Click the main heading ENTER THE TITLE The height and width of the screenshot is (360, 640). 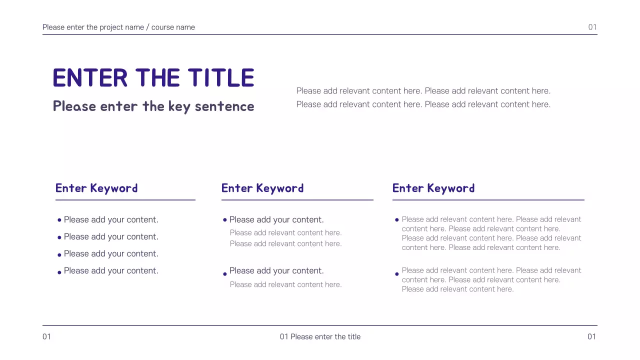pyautogui.click(x=153, y=78)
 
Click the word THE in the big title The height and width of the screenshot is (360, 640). pyautogui.click(x=157, y=78)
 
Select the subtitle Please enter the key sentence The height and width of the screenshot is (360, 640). pyautogui.click(x=153, y=106)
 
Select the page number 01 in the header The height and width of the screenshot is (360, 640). pyautogui.click(x=592, y=27)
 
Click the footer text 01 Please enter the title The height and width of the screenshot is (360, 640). pyautogui.click(x=320, y=336)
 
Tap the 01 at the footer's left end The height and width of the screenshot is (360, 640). pyautogui.click(x=46, y=336)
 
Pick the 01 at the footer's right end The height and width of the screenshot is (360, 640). pyautogui.click(x=592, y=336)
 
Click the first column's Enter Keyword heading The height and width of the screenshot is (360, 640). pyautogui.click(x=96, y=188)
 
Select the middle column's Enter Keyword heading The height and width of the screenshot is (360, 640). pyautogui.click(x=262, y=188)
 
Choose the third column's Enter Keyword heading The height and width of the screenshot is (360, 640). pyautogui.click(x=433, y=188)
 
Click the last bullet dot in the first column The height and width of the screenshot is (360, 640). pyautogui.click(x=59, y=272)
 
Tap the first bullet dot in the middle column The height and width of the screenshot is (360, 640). pyautogui.click(x=225, y=219)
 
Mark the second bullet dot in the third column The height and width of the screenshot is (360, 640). pyautogui.click(x=397, y=273)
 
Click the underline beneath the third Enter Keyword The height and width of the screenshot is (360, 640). pyautogui.click(x=488, y=200)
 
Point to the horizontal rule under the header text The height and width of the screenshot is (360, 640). pyautogui.click(x=320, y=34)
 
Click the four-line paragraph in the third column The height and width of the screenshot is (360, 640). pyautogui.click(x=491, y=233)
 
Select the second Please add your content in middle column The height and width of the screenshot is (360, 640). pyautogui.click(x=276, y=270)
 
